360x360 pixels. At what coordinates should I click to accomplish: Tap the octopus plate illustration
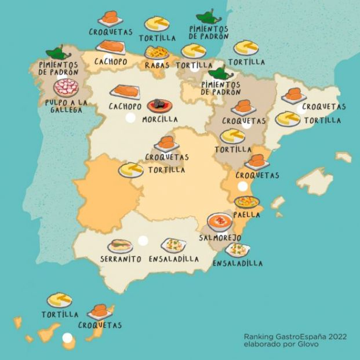pos(66,88)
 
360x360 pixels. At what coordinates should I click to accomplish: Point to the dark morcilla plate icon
pos(159,106)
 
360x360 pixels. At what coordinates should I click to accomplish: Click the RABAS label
pos(157,66)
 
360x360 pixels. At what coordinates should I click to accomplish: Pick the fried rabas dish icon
pos(157,53)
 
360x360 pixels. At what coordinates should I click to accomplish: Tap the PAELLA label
pos(246,214)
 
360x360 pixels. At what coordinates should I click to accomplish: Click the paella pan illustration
pos(247,202)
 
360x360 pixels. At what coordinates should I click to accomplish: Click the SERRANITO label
pos(121,259)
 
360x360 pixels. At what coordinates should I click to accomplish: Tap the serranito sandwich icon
pos(120,246)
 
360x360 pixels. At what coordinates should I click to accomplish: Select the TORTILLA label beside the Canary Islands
pos(60,315)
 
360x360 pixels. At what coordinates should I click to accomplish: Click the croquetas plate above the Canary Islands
pos(100,311)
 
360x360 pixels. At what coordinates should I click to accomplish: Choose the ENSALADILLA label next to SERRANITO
pos(174,259)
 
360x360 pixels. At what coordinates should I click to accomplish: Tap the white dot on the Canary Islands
pos(68,337)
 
